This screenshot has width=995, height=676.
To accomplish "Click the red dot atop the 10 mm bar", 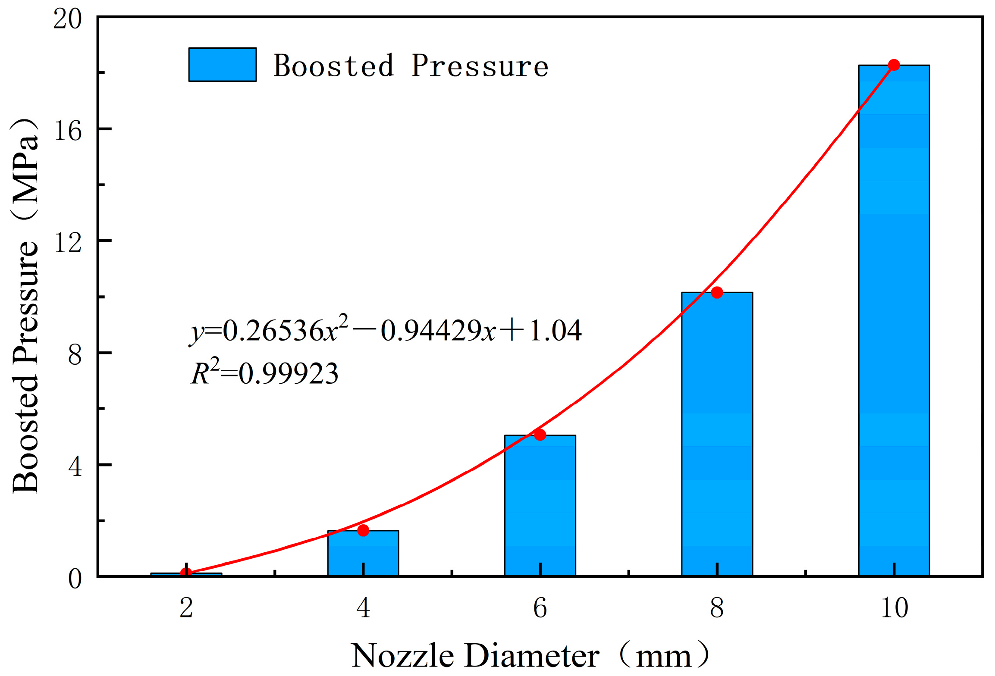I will click(894, 65).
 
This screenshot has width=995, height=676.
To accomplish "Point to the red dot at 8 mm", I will click(717, 293).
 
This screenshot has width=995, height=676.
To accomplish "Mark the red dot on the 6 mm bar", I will click(540, 435).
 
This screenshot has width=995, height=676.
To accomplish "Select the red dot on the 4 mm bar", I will click(363, 530).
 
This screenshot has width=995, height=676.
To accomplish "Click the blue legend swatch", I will click(223, 65).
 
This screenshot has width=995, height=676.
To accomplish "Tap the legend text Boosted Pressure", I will click(411, 66).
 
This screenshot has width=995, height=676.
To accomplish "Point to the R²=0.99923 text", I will click(264, 373).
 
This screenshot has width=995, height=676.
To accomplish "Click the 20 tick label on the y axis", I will click(68, 19).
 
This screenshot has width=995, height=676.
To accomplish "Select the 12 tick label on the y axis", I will click(68, 242).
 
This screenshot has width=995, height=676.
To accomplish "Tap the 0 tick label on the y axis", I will click(75, 579).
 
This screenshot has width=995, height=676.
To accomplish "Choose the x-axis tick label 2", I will click(186, 608).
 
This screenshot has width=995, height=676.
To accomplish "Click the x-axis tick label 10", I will click(894, 608).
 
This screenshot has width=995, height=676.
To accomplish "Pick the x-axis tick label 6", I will click(540, 608).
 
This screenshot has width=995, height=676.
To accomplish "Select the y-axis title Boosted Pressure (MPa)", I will click(25, 306).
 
